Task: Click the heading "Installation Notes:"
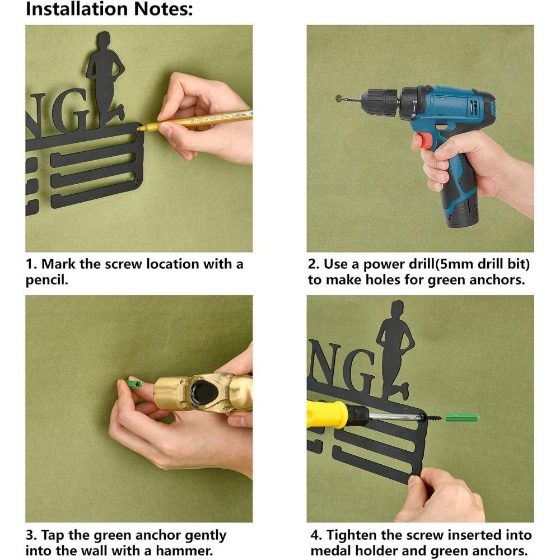(109, 10)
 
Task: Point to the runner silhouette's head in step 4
(397, 308)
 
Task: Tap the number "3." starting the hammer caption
(31, 535)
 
